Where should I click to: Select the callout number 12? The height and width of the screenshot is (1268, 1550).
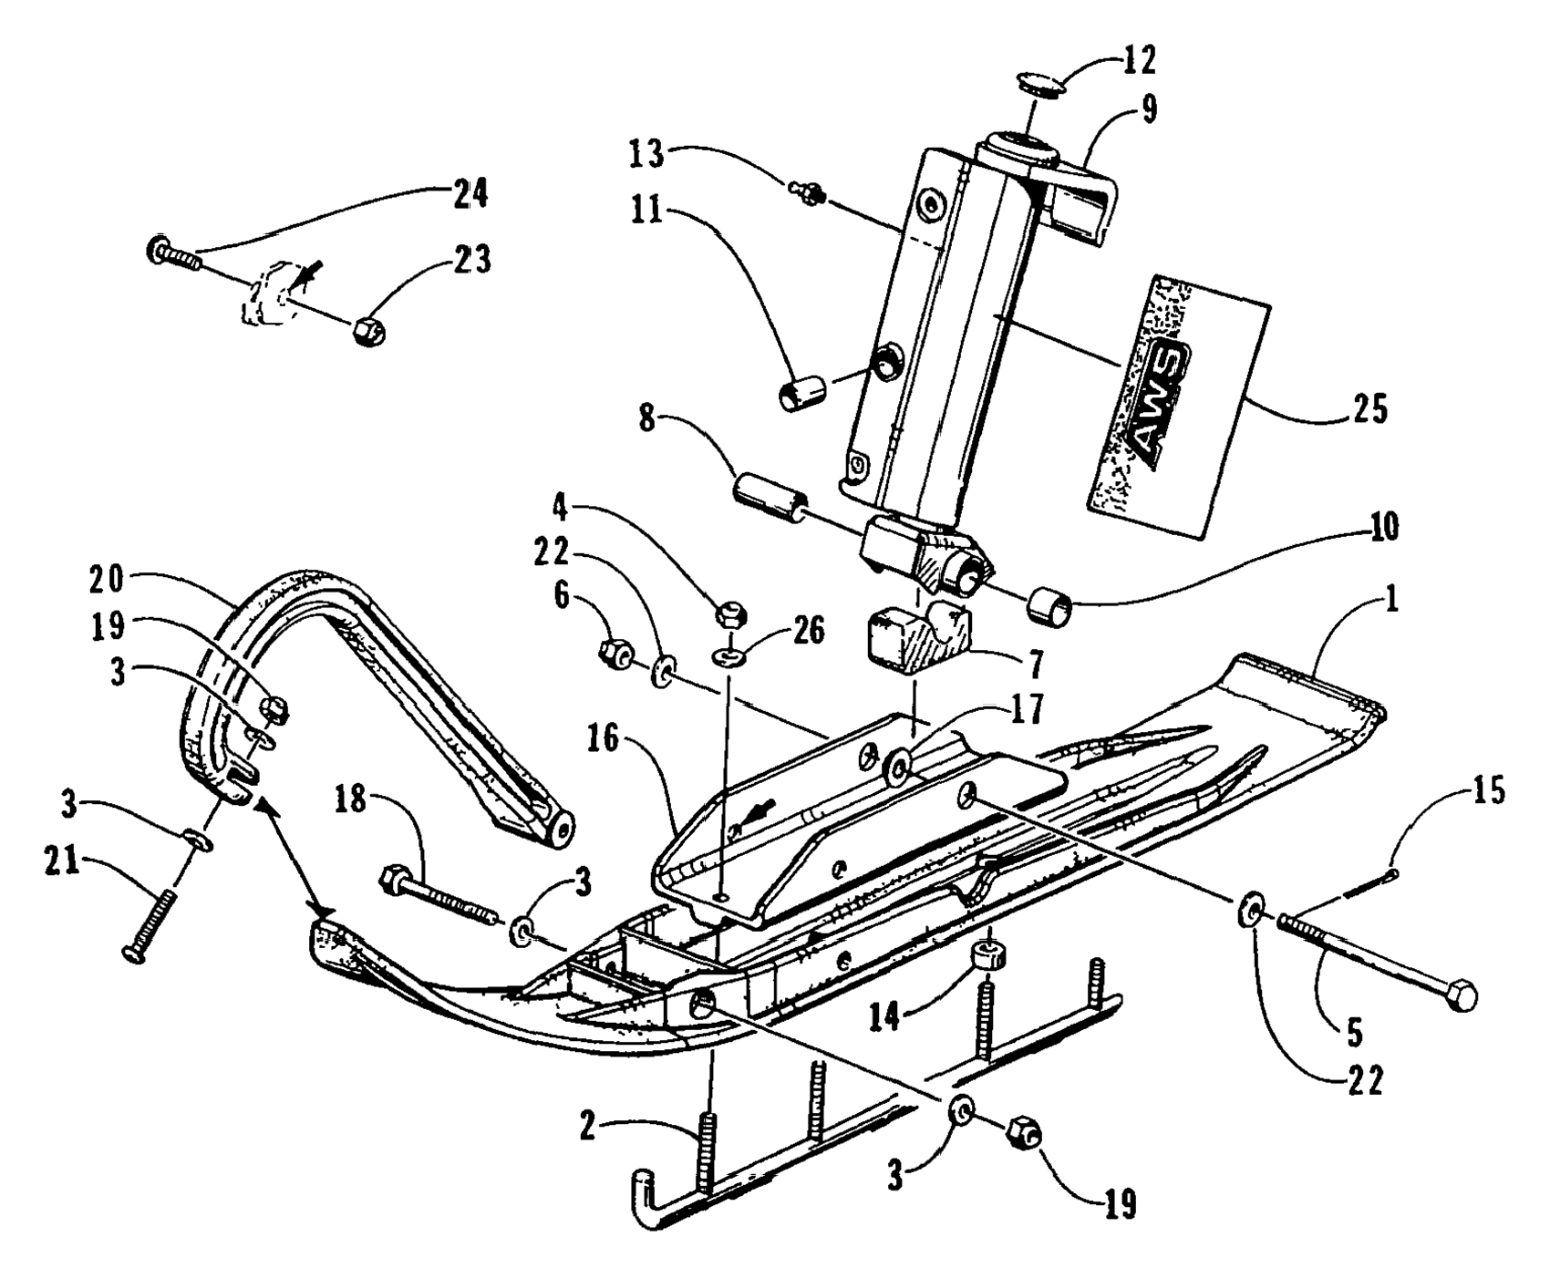1139,60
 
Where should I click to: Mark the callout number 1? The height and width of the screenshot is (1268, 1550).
1390,601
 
